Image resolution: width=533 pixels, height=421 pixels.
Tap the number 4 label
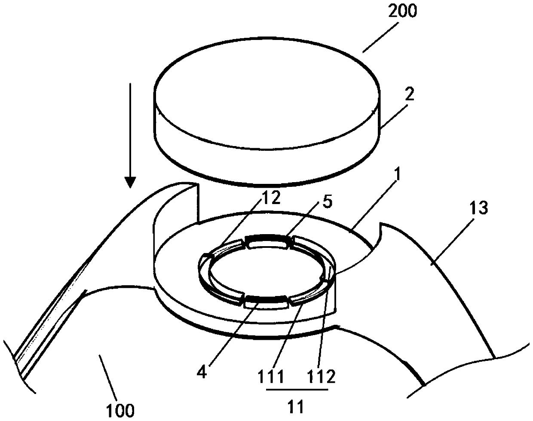[202, 372]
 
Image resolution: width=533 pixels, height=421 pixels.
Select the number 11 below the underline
[297, 406]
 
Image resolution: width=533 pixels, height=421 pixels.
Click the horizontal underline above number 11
[297, 390]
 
